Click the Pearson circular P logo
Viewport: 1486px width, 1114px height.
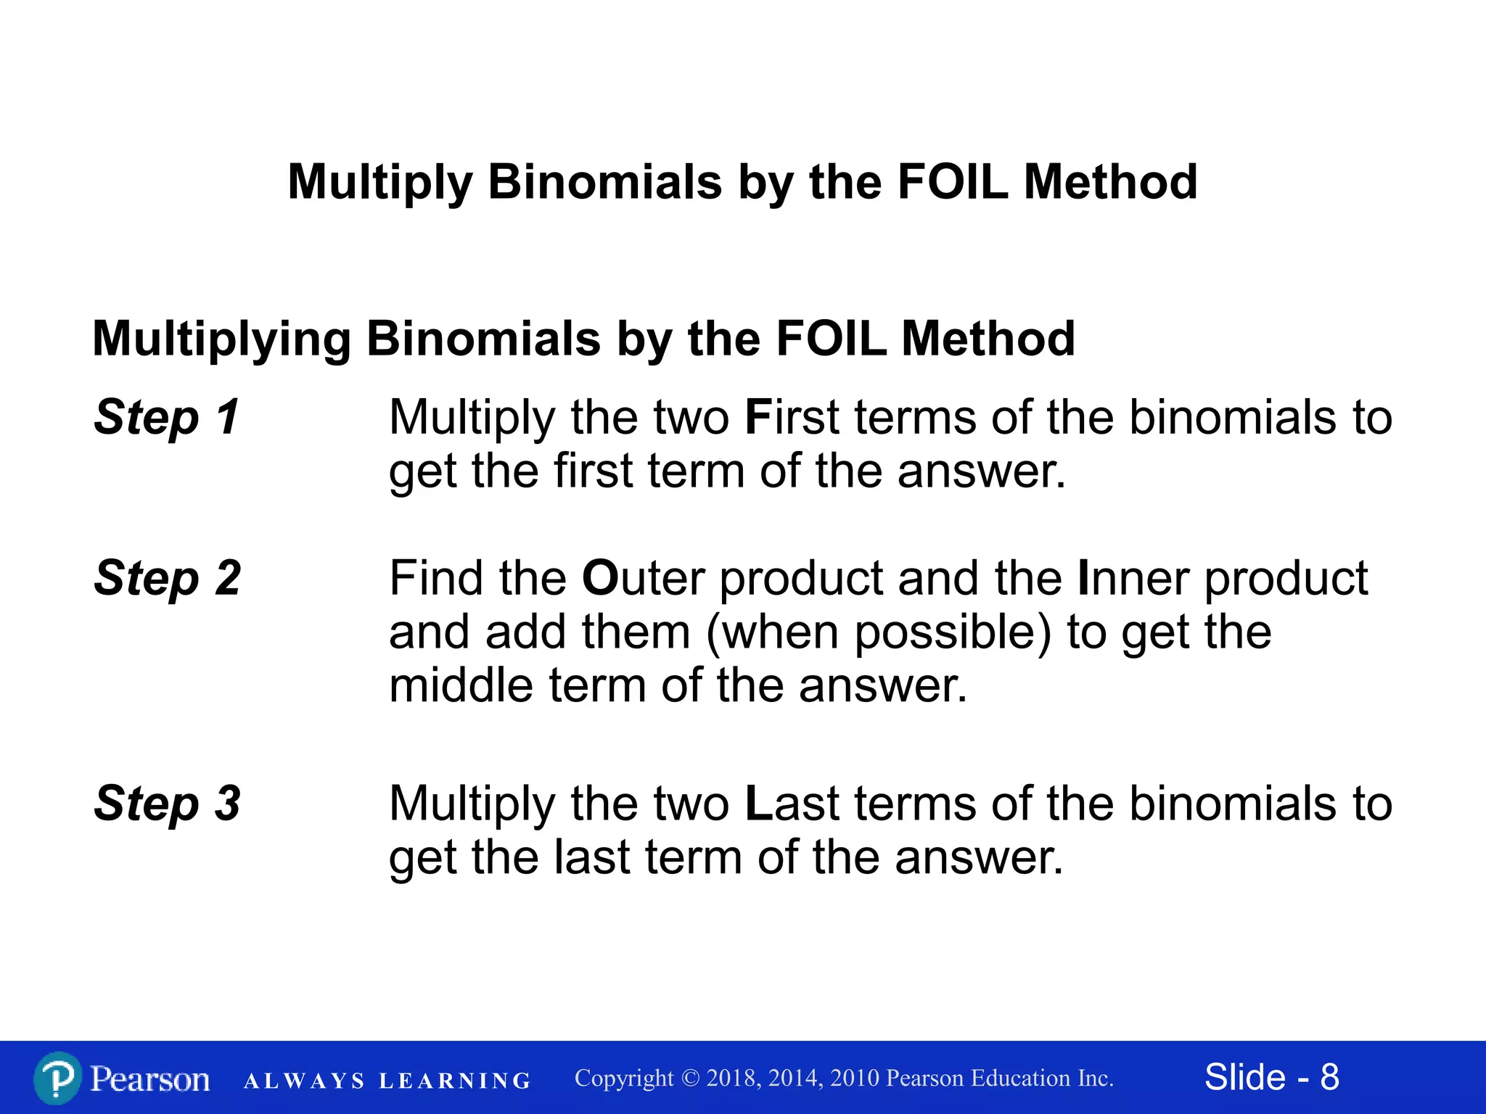[57, 1078]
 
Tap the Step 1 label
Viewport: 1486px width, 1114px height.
[167, 418]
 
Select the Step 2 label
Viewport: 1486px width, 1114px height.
[167, 579]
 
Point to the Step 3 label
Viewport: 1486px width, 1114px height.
[167, 804]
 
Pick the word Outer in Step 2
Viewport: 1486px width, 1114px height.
[643, 579]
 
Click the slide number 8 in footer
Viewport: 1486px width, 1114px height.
[1329, 1077]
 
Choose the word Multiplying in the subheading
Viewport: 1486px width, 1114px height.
[222, 339]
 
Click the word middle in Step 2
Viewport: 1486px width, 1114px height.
[461, 685]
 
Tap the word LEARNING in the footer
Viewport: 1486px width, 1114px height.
[455, 1081]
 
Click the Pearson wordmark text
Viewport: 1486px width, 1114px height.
[149, 1079]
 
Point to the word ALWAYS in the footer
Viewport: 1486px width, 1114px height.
[304, 1081]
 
